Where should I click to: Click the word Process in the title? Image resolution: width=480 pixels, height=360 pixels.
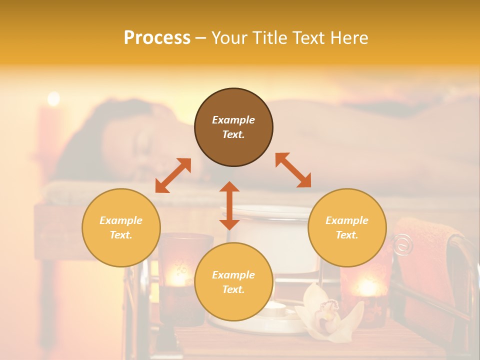pos(157,38)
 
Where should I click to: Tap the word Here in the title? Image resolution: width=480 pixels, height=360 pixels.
pos(346,38)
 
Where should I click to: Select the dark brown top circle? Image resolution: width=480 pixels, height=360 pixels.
pos(233,127)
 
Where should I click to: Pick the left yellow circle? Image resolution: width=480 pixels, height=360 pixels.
pos(121,227)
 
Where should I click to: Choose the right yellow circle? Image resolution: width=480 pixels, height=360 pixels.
pos(347,227)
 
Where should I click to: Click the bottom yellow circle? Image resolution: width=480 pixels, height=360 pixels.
pos(233,282)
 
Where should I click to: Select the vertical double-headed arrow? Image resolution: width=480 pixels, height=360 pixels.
pos(229,205)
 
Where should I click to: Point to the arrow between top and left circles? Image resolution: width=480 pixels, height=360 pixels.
pos(173,175)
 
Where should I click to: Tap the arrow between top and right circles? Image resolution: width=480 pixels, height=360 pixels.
pos(293,170)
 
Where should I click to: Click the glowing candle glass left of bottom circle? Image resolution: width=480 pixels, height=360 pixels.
pos(178,272)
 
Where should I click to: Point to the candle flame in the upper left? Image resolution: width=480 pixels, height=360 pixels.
pos(53,98)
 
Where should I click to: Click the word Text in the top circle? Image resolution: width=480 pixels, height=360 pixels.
pos(233,134)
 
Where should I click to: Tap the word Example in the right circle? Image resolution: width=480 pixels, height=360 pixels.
pos(347,220)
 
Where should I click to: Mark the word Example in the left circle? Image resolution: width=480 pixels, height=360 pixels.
pos(121,220)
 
